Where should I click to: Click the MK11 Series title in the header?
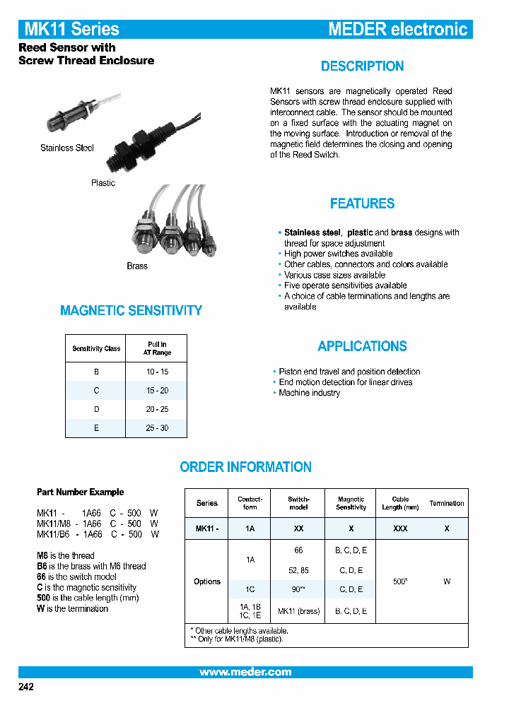click(x=72, y=29)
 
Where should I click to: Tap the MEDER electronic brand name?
click(x=397, y=29)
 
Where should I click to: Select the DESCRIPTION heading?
click(x=362, y=66)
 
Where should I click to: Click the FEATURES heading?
click(x=362, y=203)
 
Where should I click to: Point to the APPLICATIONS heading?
click(x=362, y=346)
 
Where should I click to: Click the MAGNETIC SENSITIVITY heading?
click(x=131, y=310)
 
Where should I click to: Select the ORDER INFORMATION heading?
click(x=245, y=467)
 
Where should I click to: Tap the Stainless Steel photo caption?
click(x=67, y=148)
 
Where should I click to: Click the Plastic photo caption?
click(x=103, y=183)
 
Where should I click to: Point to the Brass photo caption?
click(x=137, y=266)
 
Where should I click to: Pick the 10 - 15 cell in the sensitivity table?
click(x=157, y=372)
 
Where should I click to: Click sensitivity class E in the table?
click(x=96, y=428)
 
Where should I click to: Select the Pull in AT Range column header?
click(x=157, y=348)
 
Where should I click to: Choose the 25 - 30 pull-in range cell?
click(x=157, y=428)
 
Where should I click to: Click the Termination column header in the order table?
click(x=447, y=503)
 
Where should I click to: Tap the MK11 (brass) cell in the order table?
click(x=298, y=611)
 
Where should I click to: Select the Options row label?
click(x=207, y=581)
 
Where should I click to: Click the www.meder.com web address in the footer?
click(x=245, y=672)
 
